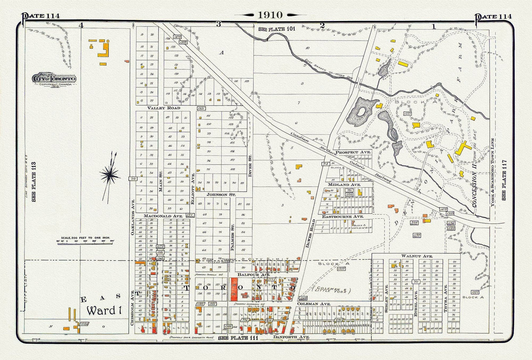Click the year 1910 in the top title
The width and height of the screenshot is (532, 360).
(x=270, y=15)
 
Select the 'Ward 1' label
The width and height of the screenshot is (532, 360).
(x=104, y=310)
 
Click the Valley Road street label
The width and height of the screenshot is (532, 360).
(x=164, y=108)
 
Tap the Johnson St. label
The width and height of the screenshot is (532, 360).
(x=221, y=194)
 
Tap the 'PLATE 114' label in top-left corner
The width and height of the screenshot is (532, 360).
(x=40, y=16)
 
